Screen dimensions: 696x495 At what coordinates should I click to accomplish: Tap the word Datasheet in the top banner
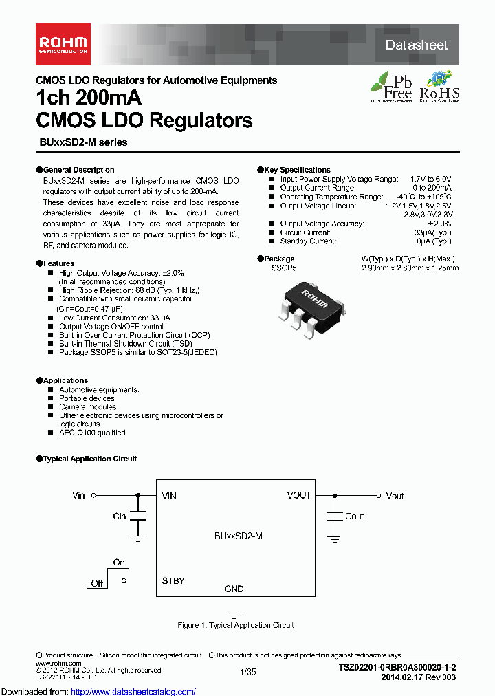coord(417,45)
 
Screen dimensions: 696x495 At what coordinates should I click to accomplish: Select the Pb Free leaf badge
coord(391,86)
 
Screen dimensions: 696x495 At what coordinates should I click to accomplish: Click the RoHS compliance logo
coord(439,86)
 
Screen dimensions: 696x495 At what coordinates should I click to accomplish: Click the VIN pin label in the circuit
coord(169,496)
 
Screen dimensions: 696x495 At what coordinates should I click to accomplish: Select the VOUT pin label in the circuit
coord(299,495)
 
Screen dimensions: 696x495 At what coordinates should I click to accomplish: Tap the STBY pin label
coord(173,581)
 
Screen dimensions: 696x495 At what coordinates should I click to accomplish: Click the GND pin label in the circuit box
coord(234,589)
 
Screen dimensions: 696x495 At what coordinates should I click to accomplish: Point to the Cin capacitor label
coord(120,516)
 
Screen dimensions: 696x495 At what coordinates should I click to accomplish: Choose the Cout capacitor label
coord(354,516)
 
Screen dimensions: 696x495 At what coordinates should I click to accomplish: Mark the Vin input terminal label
coord(78,495)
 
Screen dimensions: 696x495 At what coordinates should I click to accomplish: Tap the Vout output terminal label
coord(395,496)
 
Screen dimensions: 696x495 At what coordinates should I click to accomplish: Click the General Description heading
coord(78,170)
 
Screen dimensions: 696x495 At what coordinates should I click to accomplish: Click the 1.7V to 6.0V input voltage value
coord(430,179)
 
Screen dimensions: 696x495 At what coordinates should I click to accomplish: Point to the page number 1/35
coord(247,671)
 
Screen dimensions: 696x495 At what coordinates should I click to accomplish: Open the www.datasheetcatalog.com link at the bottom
coord(98,691)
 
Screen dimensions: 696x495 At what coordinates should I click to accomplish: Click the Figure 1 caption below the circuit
coord(236,625)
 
